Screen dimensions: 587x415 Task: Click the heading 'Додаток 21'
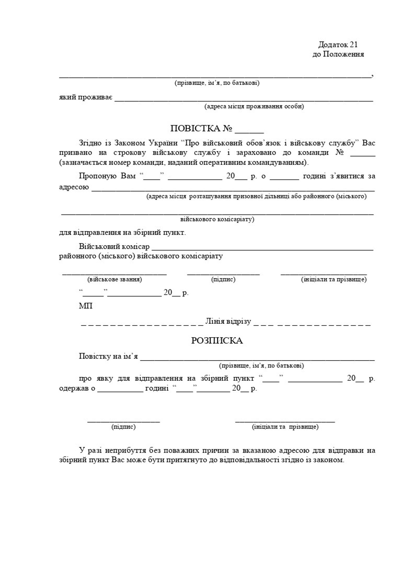pos(338,45)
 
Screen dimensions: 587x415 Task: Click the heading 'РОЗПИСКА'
pos(217,341)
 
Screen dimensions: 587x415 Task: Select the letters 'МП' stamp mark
pos(86,306)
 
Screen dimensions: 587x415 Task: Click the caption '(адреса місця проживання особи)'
pos(254,106)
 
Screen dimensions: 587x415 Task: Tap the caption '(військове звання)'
pos(115,279)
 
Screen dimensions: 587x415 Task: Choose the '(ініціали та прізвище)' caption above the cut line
pos(334,279)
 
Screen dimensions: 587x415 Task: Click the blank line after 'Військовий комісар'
pos(262,250)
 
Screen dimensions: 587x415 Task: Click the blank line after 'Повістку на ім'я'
pos(257,360)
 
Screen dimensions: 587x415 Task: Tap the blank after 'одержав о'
pos(120,392)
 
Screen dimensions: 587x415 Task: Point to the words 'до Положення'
pos(338,54)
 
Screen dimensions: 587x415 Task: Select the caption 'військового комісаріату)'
pos(217,219)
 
